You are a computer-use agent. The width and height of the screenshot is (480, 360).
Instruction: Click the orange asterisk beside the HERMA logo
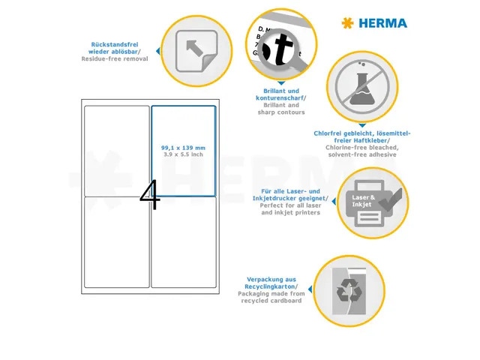point(347,23)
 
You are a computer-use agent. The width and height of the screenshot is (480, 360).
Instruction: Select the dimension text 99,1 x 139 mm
point(183,148)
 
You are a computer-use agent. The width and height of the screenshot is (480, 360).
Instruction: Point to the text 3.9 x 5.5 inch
point(183,154)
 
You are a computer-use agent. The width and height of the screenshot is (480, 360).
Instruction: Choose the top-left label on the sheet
point(117,150)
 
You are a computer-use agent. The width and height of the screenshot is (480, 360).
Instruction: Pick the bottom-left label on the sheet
point(117,242)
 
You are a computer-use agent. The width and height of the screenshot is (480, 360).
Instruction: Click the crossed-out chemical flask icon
point(361,85)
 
